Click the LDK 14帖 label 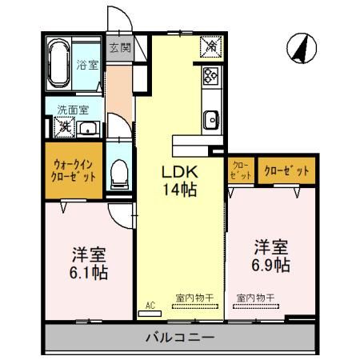coord(180,180)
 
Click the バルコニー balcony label coord(179,337)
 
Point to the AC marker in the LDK coord(150,304)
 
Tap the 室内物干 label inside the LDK coord(194,298)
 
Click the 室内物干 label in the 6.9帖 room coord(255,298)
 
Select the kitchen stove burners coord(210,77)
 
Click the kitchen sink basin coord(210,120)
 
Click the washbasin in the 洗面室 coord(89,128)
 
